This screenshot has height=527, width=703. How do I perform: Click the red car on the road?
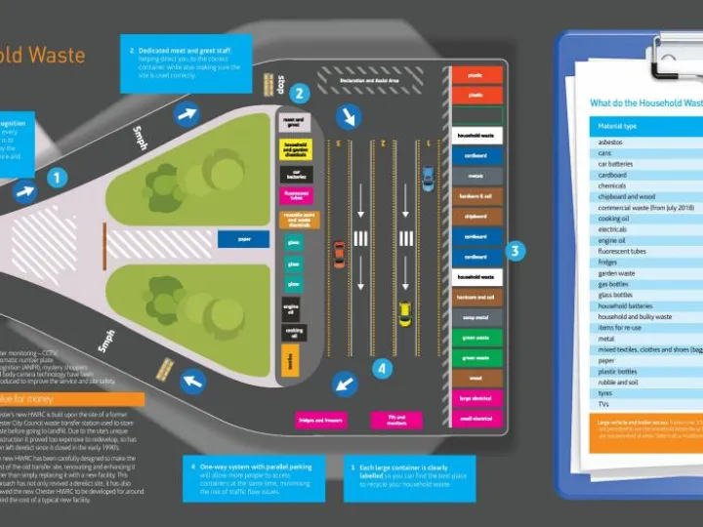pyautogui.click(x=339, y=254)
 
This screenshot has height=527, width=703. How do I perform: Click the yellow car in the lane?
pyautogui.click(x=404, y=314)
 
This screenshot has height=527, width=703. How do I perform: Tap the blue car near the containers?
pyautogui.click(x=428, y=179)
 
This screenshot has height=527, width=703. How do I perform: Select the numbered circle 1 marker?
pyautogui.click(x=59, y=178)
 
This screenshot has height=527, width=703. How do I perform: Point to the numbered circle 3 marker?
pyautogui.click(x=517, y=251)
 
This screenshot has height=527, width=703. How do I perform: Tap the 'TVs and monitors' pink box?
pyautogui.click(x=396, y=421)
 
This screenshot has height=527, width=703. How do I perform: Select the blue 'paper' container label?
pyautogui.click(x=243, y=238)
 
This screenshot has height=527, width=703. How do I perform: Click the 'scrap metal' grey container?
pyautogui.click(x=476, y=317)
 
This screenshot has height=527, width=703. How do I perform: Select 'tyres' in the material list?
pyautogui.click(x=605, y=393)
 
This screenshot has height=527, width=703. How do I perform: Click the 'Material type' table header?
pyautogui.click(x=617, y=126)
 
